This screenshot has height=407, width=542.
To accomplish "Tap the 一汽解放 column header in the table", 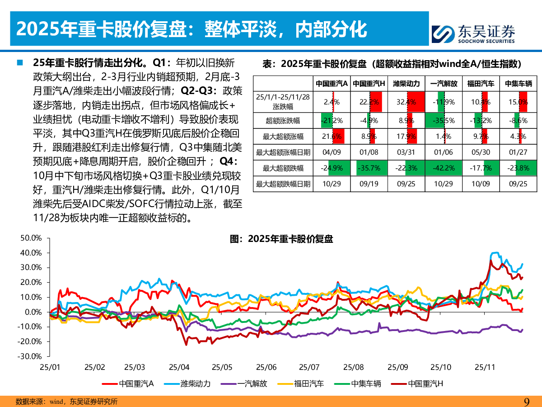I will pos(444,84).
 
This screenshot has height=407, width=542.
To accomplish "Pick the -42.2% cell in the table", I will pos(444,168).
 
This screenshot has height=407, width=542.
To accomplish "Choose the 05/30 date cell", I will pos(480,152).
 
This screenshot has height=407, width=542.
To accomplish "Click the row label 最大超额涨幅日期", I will pos(283,152).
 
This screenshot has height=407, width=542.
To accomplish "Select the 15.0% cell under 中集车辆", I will pos(518,102).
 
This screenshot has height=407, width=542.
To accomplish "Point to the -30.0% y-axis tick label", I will pos(31,356).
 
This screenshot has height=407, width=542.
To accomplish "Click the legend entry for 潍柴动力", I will pos(190,383).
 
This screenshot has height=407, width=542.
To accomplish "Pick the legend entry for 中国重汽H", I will pos(420,383).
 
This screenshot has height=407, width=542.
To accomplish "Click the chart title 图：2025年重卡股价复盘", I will pos(281,239).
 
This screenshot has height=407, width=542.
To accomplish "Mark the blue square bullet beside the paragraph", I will pos(20,62).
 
